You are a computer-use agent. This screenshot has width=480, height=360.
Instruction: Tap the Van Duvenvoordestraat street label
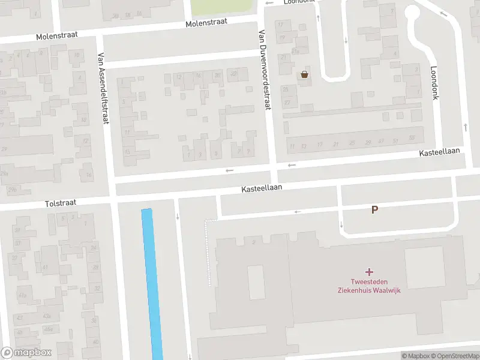coord(263,70)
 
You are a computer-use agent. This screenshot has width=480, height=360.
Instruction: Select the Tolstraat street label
coord(61,203)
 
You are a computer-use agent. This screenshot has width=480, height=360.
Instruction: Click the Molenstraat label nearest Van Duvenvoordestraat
coord(206,23)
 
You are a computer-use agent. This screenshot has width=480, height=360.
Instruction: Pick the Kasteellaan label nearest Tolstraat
coord(262,188)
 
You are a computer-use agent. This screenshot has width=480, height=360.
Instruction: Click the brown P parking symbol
coord(375,210)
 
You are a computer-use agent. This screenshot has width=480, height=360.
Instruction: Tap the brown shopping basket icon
coord(305,74)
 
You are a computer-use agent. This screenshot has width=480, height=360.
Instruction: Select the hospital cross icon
coord(368,272)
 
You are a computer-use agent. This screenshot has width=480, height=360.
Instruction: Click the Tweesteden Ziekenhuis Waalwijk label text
coord(368,287)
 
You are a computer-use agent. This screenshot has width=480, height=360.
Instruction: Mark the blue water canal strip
coord(152,282)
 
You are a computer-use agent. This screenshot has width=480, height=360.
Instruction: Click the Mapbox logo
coord(26,353)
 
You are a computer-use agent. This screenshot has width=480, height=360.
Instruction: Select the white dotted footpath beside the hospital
coord(209,252)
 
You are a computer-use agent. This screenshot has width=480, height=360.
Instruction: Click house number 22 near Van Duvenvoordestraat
coord(234,74)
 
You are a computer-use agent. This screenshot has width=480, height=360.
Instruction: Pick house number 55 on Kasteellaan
coord(412,139)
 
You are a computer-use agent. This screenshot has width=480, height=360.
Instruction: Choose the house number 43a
coord(46,317)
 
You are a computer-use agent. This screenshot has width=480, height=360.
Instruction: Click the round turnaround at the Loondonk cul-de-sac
coord(413,13)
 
